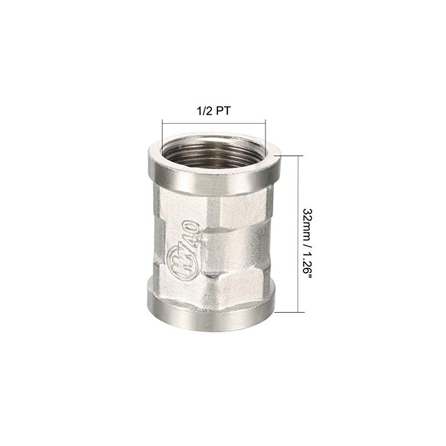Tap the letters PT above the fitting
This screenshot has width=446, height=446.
pos(223,110)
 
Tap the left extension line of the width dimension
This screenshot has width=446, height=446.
pos(162,134)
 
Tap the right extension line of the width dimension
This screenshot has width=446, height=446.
pos(265,134)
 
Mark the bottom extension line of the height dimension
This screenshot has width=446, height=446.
pos(290,311)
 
